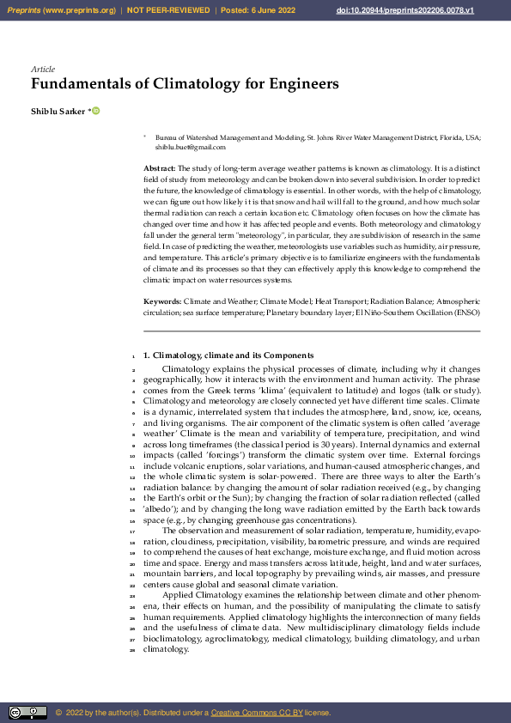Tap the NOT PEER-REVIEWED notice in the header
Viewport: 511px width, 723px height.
tap(168, 10)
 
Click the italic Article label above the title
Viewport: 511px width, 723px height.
tap(43, 69)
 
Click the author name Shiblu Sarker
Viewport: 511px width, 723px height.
tap(58, 112)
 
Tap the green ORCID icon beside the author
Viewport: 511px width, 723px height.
tap(96, 111)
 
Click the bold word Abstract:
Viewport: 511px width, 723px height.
tap(159, 167)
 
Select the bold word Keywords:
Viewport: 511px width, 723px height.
tap(162, 302)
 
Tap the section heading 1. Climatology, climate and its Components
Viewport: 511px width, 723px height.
tap(228, 355)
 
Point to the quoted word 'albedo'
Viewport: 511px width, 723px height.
tap(161, 509)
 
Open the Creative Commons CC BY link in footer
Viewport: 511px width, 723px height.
tap(252, 713)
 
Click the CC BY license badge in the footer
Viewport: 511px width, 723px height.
tap(27, 713)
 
